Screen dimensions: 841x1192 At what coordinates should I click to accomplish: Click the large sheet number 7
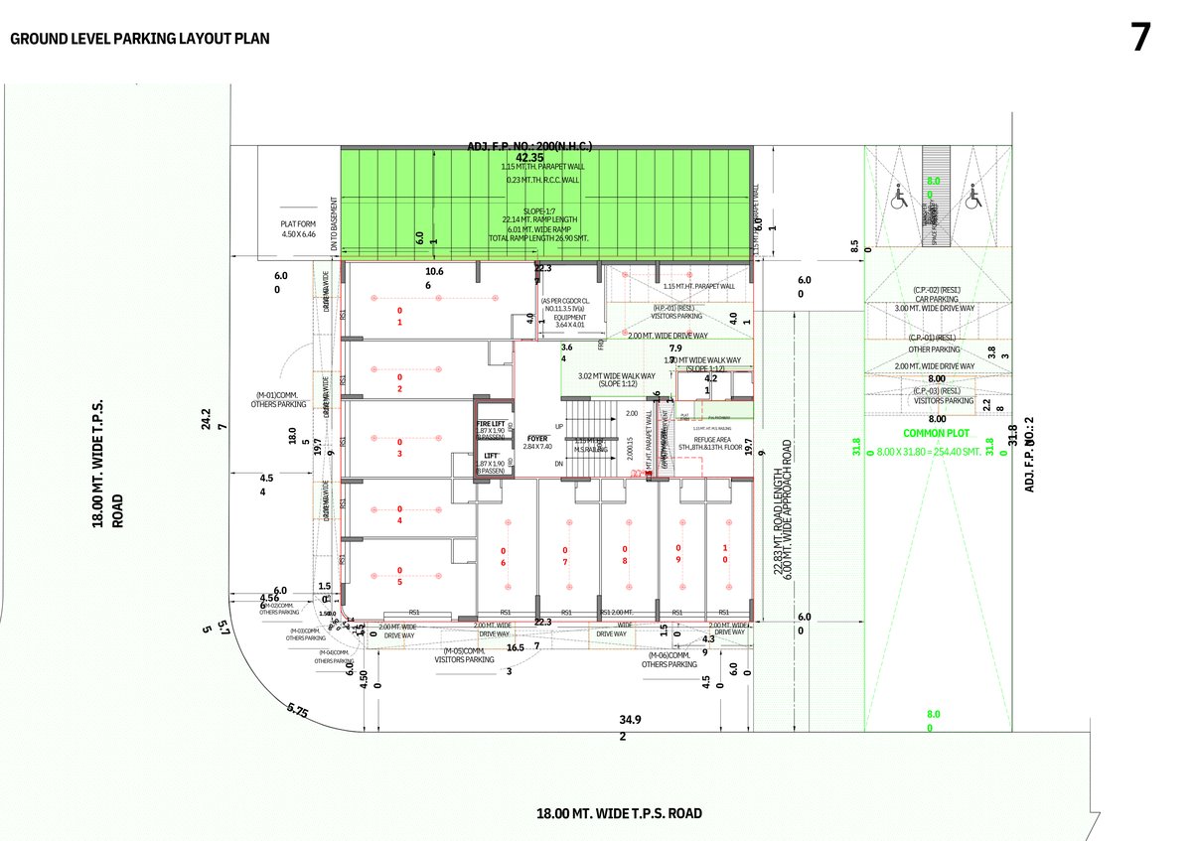point(1140,38)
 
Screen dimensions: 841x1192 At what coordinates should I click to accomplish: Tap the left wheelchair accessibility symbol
point(898,197)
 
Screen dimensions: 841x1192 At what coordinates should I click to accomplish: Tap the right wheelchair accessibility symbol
point(971,197)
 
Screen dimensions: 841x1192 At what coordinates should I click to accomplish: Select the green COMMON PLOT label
point(936,434)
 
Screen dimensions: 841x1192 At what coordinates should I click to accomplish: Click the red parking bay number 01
point(399,316)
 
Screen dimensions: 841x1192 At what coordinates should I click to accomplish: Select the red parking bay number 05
point(399,576)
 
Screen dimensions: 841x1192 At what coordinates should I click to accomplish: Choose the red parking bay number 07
point(564,556)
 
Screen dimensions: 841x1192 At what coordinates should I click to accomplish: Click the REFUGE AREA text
point(712,439)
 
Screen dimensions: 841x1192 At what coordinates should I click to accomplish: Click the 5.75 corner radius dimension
point(297,711)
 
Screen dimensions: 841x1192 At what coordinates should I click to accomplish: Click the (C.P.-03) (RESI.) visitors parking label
point(936,395)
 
